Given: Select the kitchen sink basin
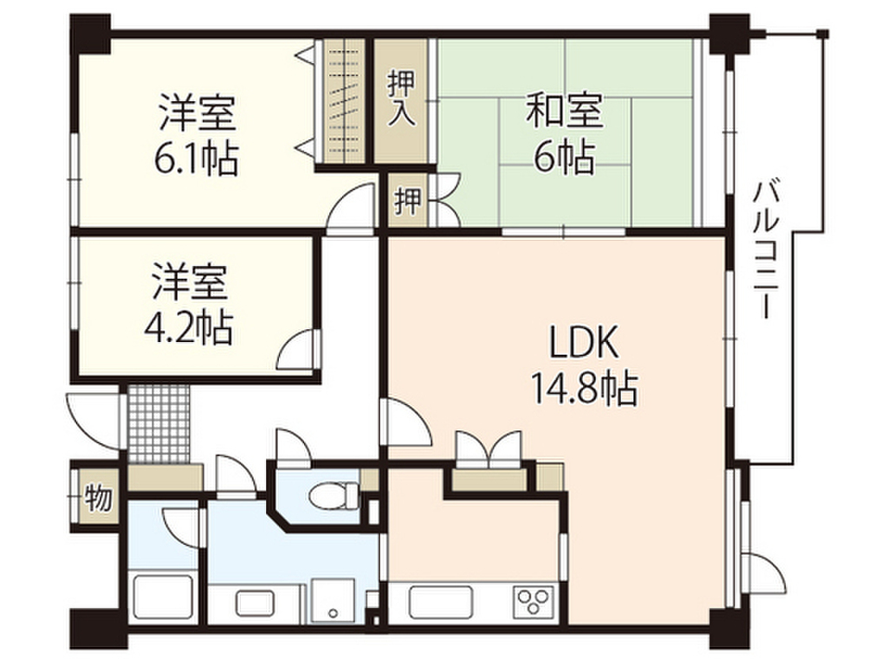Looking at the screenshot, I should [x=441, y=600].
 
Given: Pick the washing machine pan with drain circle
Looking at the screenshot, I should [x=333, y=598].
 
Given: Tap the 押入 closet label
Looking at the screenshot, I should [x=401, y=98].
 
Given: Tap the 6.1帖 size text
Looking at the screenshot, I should [x=197, y=158].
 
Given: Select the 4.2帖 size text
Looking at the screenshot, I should [x=189, y=327].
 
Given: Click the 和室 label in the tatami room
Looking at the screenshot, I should [x=565, y=113].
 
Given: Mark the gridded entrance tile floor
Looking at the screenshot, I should [x=159, y=424].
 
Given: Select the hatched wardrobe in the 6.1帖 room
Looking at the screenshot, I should [x=346, y=101].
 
